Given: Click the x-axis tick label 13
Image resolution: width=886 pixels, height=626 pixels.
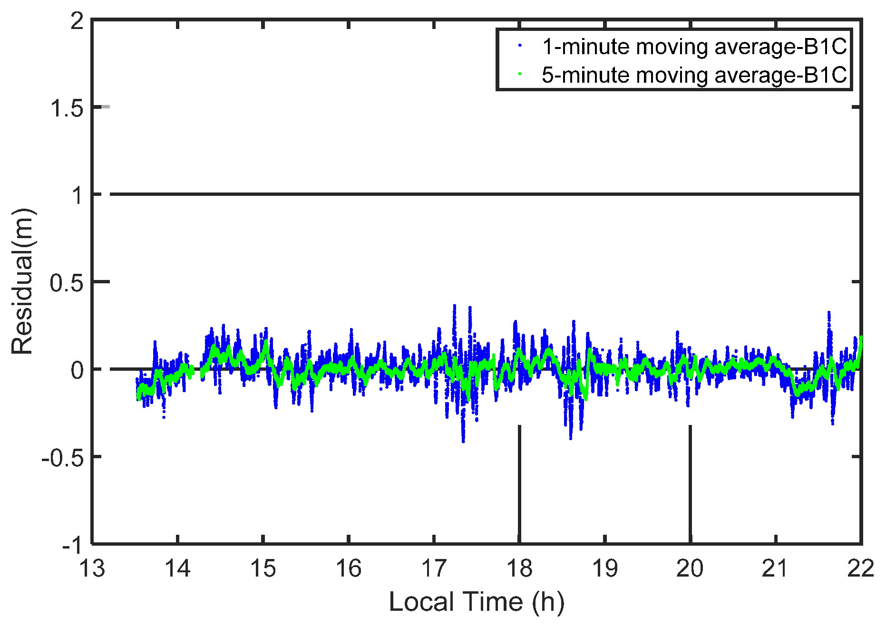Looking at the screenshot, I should pos(92,568).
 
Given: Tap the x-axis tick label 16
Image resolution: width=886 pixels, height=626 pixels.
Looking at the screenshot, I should pos(349,568).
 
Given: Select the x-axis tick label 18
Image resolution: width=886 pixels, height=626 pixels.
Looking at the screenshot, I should pos(519,568).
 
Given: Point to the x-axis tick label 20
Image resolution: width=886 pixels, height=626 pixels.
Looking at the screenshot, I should pos(690,568).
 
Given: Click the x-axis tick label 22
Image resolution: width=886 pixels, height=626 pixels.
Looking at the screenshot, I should pos(861,568).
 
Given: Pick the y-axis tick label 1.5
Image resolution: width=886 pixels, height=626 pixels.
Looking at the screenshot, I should pos(67,108).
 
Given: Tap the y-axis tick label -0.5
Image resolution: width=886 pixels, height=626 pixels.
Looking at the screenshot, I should pos(62,458).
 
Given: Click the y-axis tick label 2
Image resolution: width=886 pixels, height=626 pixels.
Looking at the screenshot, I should pos(77,21).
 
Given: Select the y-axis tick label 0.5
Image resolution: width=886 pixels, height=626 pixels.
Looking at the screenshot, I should pos(67,283).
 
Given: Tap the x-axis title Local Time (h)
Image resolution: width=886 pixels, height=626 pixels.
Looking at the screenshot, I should pos(477,602).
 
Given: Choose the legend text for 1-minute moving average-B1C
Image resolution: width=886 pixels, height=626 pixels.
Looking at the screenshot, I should pos(694,47).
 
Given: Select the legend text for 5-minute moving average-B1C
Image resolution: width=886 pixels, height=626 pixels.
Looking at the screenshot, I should pos(694,75).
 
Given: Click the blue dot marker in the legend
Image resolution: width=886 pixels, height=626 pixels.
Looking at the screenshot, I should pos(520,46).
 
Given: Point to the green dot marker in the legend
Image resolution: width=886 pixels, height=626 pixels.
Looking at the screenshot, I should pos(520,74).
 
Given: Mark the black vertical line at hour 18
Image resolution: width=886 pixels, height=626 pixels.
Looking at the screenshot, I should pos(519,485).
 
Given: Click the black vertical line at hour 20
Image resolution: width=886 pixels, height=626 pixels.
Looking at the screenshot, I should pos(690,485).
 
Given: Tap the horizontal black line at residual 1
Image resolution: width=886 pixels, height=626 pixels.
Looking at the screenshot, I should pos(476,194).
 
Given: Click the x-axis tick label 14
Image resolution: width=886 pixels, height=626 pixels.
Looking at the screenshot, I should pos(177,568).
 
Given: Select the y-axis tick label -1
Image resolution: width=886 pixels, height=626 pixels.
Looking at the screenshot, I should pos(72,546).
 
